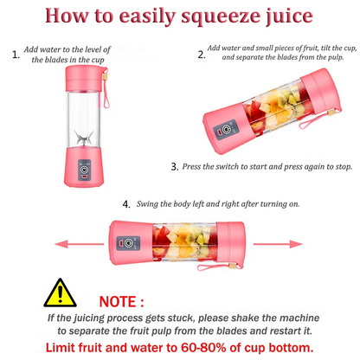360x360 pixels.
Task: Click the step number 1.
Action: coord(16,55)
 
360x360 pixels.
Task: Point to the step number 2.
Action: coord(202,54)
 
